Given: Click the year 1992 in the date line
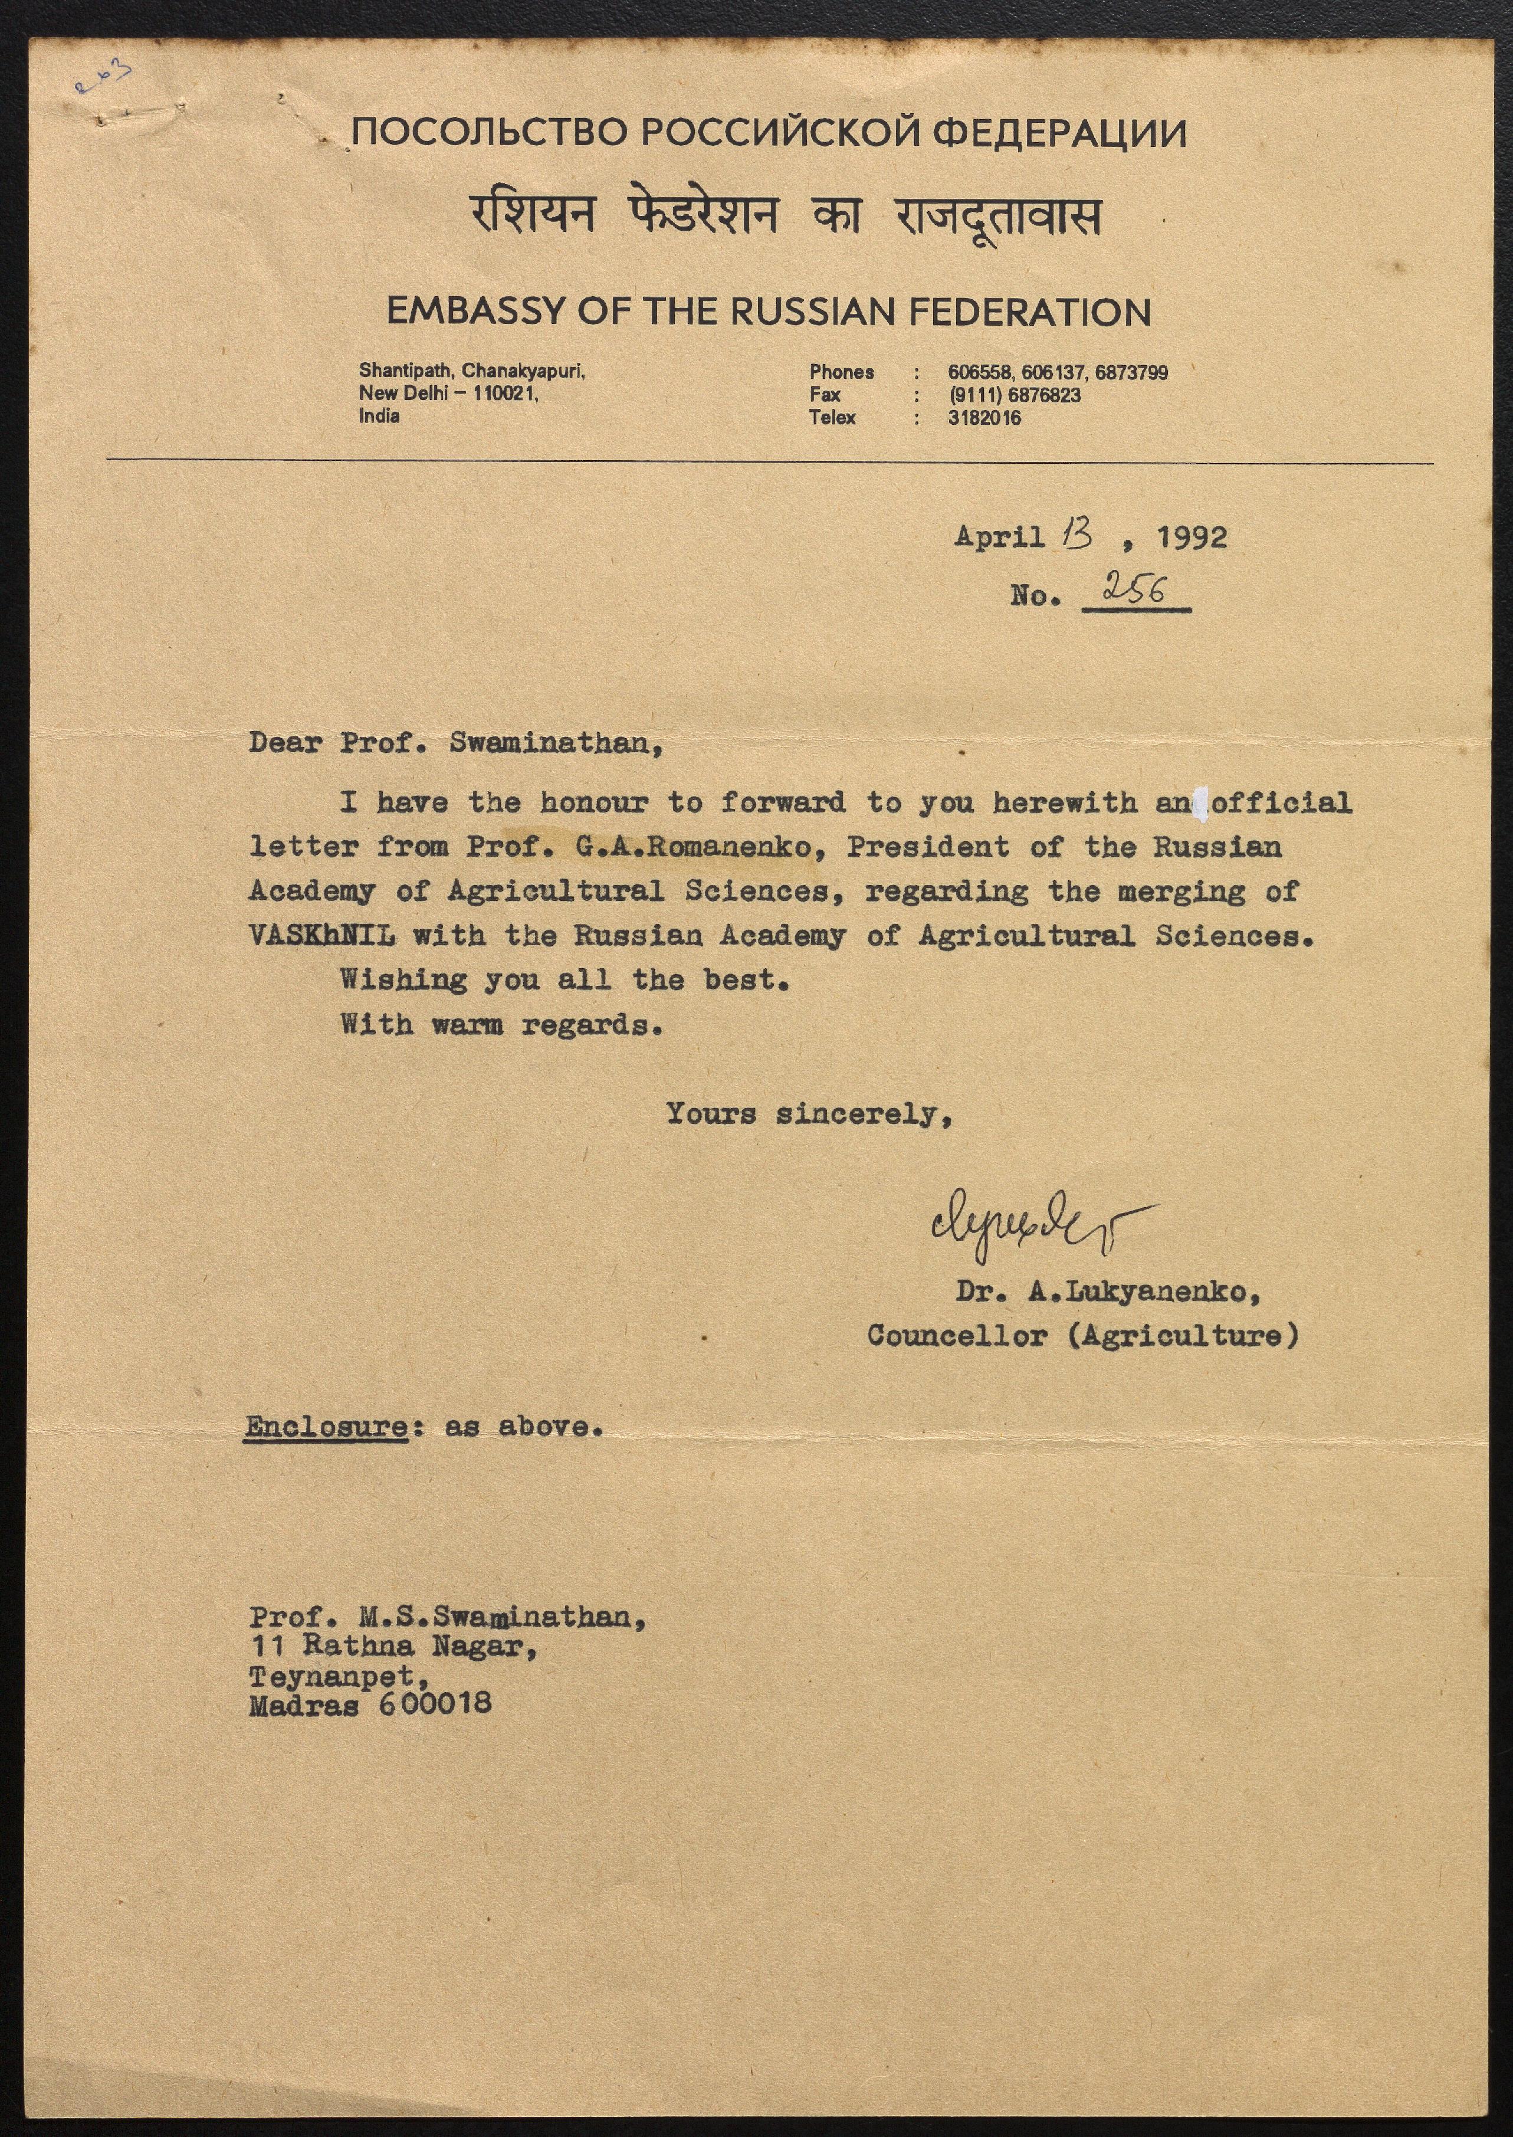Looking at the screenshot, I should [1192, 537].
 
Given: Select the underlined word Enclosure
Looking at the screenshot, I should [326, 1427].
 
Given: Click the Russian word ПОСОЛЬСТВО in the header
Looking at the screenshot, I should [489, 134].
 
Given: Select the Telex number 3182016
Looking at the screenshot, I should [984, 418].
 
